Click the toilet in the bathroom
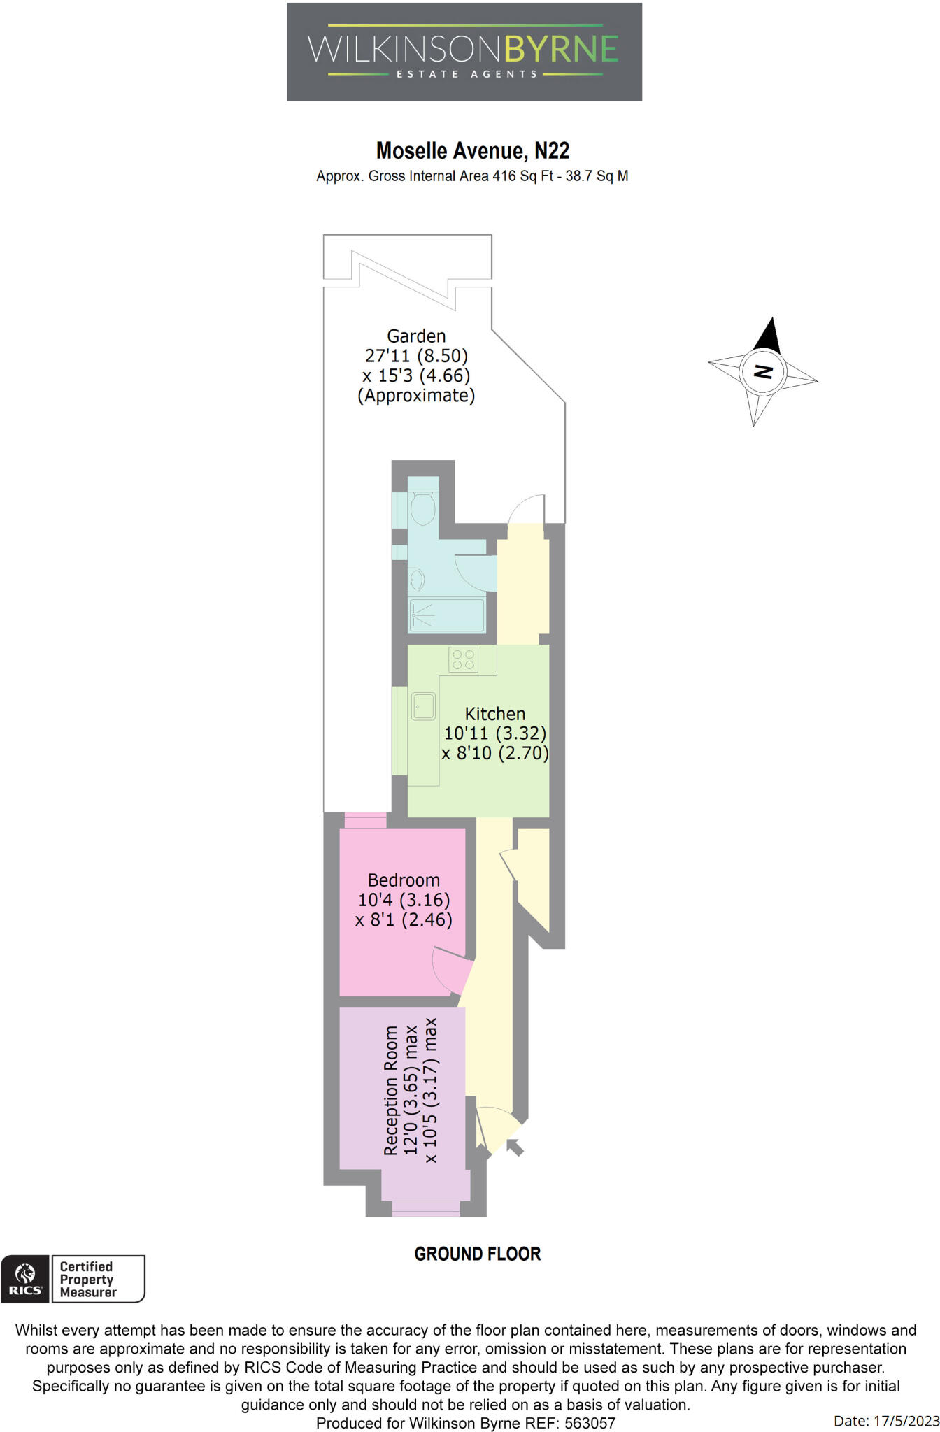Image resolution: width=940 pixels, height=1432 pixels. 423,508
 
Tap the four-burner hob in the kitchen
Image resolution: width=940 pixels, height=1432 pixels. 464,659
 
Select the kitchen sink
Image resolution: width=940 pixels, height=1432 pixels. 423,706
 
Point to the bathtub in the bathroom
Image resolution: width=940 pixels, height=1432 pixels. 446,615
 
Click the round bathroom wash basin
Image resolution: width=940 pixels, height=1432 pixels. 416,579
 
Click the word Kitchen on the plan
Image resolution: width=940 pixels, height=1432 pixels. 495,714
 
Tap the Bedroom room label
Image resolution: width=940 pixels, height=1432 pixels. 404,880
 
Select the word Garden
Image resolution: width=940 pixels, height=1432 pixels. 416,336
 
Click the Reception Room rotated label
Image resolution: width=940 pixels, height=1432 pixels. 392,1090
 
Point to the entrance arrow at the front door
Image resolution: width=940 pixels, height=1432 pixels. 515,1147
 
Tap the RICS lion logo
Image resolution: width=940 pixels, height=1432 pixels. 25,1279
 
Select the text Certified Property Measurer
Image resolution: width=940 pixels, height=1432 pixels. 87,1280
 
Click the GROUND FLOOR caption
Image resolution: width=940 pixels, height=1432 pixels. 478,1254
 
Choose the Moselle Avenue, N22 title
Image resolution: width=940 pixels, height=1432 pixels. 473,151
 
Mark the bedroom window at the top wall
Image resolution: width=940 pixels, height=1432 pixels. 366,820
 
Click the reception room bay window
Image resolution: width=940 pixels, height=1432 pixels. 425,1209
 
